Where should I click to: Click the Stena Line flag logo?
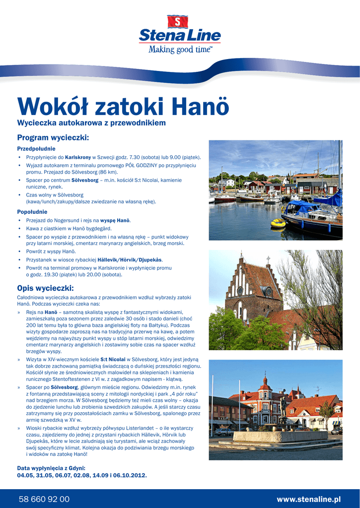(178, 22)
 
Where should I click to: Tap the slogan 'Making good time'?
(180, 50)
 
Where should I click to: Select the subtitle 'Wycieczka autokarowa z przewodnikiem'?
(91, 123)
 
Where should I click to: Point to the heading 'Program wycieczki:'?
(53, 137)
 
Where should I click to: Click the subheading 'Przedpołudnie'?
(36, 148)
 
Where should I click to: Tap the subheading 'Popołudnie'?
(33, 212)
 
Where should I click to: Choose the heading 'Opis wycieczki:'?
(45, 288)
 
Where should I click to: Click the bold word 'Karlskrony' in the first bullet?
(78, 157)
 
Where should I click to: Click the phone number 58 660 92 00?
(44, 499)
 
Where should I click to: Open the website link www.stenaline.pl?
(308, 499)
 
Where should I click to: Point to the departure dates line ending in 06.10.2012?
(82, 475)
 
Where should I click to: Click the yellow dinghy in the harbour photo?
(278, 223)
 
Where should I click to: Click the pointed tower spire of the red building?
(265, 380)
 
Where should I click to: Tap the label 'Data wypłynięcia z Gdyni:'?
(51, 468)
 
